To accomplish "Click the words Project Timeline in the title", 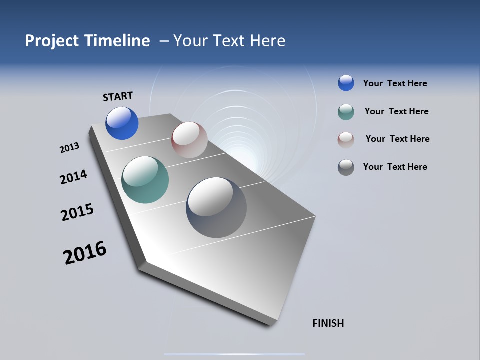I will pyautogui.click(x=87, y=41).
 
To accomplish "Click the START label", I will pyautogui.click(x=118, y=96).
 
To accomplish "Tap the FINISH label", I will pyautogui.click(x=328, y=323).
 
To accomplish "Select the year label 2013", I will pyautogui.click(x=69, y=148).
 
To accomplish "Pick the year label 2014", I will pyautogui.click(x=73, y=177).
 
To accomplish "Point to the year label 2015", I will pyautogui.click(x=77, y=212).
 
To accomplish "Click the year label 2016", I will pyautogui.click(x=85, y=253).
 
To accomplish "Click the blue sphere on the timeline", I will pyautogui.click(x=122, y=123).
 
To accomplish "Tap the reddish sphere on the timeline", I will pyautogui.click(x=189, y=140).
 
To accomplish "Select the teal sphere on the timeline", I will pyautogui.click(x=145, y=180).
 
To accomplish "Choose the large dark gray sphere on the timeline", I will pyautogui.click(x=216, y=207).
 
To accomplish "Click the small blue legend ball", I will pyautogui.click(x=346, y=83).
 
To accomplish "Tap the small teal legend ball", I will pyautogui.click(x=346, y=112).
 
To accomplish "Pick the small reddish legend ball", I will pyautogui.click(x=346, y=139).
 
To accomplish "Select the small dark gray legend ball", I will pyautogui.click(x=346, y=167).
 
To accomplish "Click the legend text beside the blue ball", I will pyautogui.click(x=395, y=83).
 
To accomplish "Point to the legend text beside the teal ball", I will pyautogui.click(x=396, y=111).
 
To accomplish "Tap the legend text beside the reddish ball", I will pyautogui.click(x=397, y=139).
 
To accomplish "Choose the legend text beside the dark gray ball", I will pyautogui.click(x=395, y=167).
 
